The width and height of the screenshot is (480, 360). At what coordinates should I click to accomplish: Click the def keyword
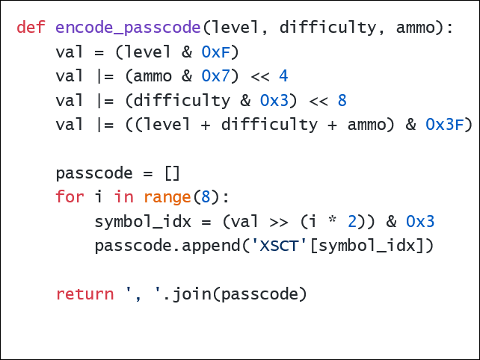[31, 28]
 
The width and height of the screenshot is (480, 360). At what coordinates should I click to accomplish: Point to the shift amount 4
[283, 76]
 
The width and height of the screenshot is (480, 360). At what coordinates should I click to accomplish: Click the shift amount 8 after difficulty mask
[342, 100]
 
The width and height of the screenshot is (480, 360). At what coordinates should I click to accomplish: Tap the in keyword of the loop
[124, 197]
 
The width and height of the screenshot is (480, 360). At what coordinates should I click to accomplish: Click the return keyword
[84, 294]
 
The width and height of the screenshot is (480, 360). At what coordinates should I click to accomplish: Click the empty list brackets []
[172, 173]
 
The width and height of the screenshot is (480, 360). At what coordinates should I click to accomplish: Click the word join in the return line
[191, 294]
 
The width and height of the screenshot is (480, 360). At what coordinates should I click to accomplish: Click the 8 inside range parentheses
[206, 197]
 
